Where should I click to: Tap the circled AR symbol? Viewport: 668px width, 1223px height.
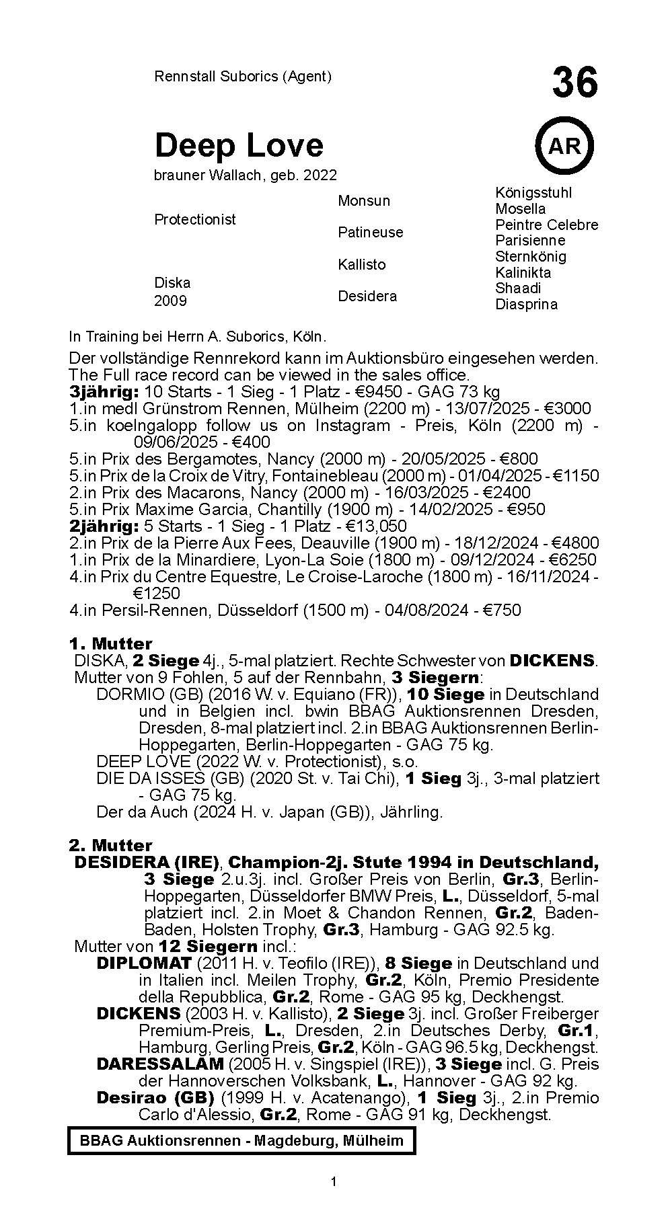coord(564,145)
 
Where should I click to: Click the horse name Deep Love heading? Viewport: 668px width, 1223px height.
coord(239,145)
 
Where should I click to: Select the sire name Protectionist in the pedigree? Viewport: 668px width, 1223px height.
coord(195,219)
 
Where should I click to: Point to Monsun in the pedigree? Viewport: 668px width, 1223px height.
coord(363,200)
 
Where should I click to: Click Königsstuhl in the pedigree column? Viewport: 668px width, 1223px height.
coord(533,193)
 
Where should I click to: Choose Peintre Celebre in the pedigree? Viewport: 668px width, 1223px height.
coord(546,225)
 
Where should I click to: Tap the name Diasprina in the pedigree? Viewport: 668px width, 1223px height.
coord(526,304)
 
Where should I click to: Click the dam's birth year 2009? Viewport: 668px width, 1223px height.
coord(171,301)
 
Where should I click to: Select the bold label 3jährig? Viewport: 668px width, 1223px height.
coord(104,391)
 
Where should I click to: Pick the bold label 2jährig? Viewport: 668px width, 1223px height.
coord(104,526)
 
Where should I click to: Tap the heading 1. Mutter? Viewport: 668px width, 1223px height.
coord(110,643)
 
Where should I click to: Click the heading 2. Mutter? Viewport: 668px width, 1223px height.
coord(110,845)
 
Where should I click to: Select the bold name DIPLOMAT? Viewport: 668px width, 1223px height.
coord(144,963)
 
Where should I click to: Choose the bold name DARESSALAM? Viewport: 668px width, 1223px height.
coord(160,1064)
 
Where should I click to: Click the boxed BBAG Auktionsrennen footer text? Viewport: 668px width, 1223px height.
coord(242,1140)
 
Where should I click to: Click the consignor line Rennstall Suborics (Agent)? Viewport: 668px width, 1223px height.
coord(243,77)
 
